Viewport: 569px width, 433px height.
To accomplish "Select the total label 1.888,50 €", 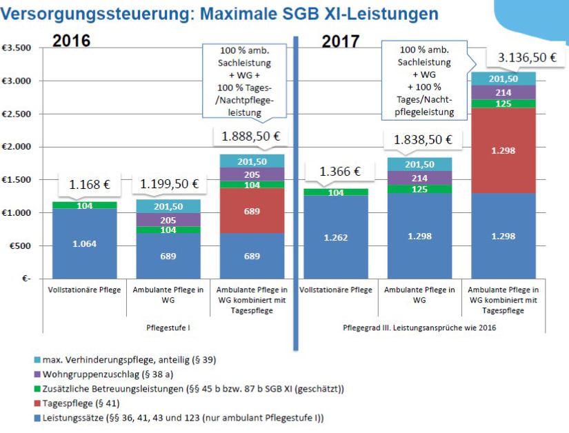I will (250, 137).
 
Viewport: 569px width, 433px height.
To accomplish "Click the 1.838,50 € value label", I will (423, 140).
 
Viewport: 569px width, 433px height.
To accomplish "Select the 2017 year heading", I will (341, 41).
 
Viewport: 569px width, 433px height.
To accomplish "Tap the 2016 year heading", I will (72, 39).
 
